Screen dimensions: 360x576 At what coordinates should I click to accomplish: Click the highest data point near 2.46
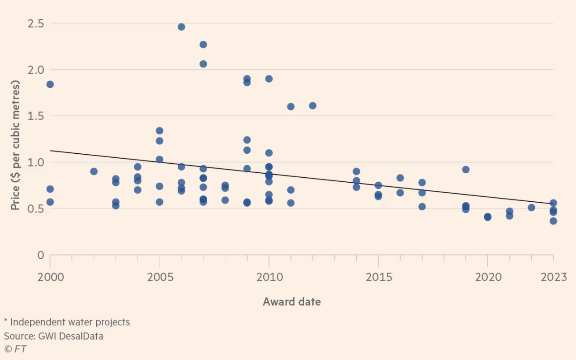pyautogui.click(x=181, y=27)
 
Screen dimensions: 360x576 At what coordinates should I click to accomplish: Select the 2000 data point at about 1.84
pyautogui.click(x=50, y=84)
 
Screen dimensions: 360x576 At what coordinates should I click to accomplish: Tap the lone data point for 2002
pyautogui.click(x=94, y=171)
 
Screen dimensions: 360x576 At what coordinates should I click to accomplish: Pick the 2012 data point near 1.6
pyautogui.click(x=312, y=105)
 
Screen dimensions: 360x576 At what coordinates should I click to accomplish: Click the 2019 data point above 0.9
pyautogui.click(x=466, y=170)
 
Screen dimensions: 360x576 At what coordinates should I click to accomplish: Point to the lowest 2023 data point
pyautogui.click(x=553, y=221)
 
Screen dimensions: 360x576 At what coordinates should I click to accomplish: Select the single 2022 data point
pyautogui.click(x=531, y=208)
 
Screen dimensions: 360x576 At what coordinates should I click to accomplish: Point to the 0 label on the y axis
pyautogui.click(x=41, y=255)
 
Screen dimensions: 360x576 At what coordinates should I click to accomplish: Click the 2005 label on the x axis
pyautogui.click(x=160, y=277)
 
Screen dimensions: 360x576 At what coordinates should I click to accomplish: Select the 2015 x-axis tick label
pyautogui.click(x=378, y=277)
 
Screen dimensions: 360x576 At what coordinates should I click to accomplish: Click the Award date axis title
pyautogui.click(x=292, y=302)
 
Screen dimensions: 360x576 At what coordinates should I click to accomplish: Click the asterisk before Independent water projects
pyautogui.click(x=6, y=322)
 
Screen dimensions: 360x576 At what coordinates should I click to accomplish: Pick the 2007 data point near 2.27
pyautogui.click(x=203, y=44)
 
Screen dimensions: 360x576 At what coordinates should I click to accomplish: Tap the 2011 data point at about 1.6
pyautogui.click(x=291, y=106)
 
